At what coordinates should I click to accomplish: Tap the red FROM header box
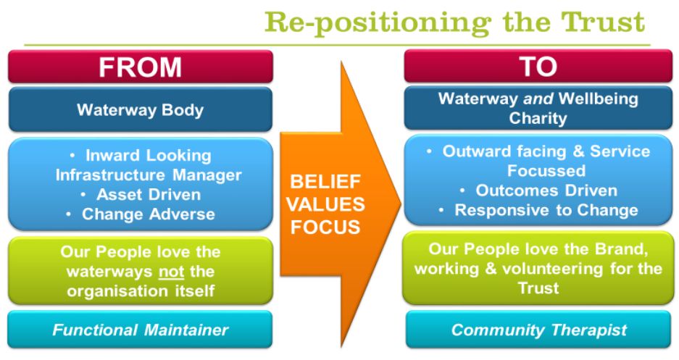tap(140, 67)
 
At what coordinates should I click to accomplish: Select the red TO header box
tap(538, 67)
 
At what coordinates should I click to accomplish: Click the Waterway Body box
tap(140, 111)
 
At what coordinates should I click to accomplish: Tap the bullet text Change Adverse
tap(149, 214)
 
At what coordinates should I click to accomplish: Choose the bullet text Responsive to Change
tap(546, 211)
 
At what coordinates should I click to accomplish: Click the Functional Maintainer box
tap(140, 330)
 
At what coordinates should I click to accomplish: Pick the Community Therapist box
tap(538, 330)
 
